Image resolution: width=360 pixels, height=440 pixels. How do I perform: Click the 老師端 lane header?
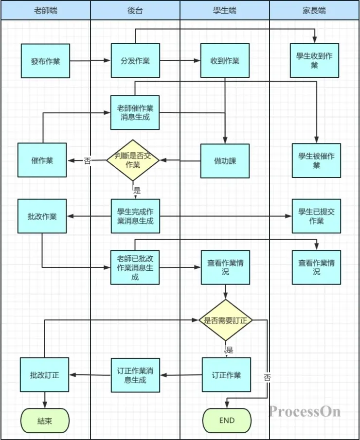(x=46, y=10)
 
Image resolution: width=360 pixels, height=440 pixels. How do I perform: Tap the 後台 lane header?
(x=135, y=10)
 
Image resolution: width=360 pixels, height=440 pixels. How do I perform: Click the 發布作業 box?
(x=45, y=61)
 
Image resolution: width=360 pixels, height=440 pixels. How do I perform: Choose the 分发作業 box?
(x=135, y=61)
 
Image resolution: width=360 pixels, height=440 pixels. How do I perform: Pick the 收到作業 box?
(x=225, y=61)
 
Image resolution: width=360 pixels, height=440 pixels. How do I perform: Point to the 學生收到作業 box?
(x=314, y=61)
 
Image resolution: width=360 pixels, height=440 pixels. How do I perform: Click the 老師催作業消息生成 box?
(x=135, y=112)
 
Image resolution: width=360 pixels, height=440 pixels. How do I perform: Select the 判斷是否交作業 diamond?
(x=133, y=160)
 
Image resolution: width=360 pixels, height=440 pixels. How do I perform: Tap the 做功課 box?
(x=225, y=160)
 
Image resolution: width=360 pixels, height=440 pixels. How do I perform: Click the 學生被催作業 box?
(x=316, y=160)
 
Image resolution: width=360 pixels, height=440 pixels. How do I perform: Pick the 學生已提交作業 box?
(x=316, y=216)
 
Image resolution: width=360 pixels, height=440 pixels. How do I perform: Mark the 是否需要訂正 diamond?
(x=225, y=320)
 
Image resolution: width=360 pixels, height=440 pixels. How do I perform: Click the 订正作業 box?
(x=226, y=375)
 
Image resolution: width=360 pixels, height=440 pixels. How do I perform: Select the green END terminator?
(x=227, y=421)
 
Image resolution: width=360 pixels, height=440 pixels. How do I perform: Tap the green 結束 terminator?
(x=45, y=421)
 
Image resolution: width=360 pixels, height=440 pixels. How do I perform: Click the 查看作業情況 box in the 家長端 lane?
(x=316, y=267)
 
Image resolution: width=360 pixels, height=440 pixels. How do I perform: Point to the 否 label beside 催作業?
(x=87, y=161)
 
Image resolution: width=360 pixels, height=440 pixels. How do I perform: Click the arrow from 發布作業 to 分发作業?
(x=90, y=61)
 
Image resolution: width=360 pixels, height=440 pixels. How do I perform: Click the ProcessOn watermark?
(x=305, y=412)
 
